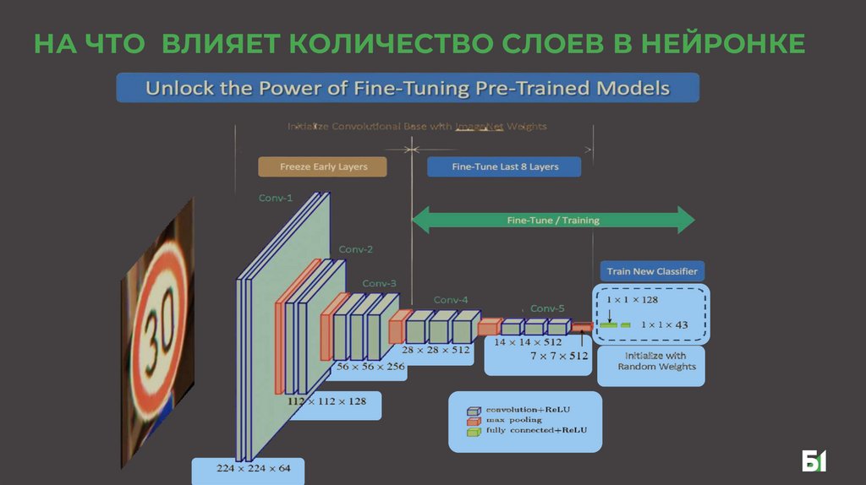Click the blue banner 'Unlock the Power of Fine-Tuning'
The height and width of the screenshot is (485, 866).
[x=407, y=89]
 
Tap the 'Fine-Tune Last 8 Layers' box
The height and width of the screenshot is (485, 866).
[x=505, y=166]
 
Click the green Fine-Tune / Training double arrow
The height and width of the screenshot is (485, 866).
[x=552, y=221]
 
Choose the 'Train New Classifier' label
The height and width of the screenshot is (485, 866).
[x=651, y=271]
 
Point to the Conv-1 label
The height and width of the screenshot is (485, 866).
[x=276, y=198]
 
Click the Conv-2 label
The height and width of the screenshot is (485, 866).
[x=356, y=249]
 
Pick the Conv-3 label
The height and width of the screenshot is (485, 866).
[x=379, y=283]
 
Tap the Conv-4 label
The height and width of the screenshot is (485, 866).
[x=451, y=299]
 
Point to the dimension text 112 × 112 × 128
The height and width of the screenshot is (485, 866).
[x=326, y=401]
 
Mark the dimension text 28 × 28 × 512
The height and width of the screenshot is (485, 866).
[x=436, y=350]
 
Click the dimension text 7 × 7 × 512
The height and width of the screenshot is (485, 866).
[x=558, y=357]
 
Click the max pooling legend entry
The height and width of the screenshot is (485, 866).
[x=512, y=420]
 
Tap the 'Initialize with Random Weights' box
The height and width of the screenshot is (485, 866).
[x=650, y=361]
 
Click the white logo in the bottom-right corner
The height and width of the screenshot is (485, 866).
[x=814, y=461]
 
